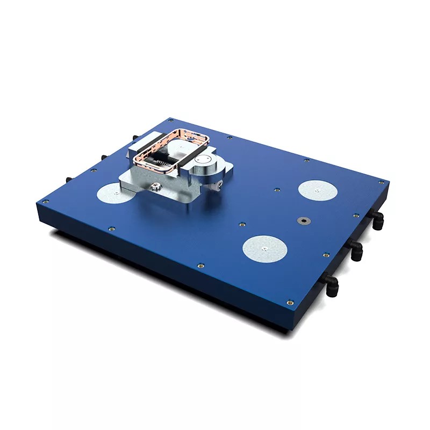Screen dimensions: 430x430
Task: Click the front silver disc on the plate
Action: coord(264,249)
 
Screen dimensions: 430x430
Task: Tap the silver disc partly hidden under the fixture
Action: coord(110,193)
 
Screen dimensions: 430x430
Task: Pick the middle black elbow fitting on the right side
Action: coord(355,249)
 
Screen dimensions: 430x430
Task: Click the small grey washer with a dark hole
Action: coord(304,220)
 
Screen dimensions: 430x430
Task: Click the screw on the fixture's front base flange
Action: coord(156,185)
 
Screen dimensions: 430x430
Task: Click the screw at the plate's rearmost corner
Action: coord(171,120)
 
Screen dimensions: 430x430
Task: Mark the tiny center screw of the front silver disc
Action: coord(264,248)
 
